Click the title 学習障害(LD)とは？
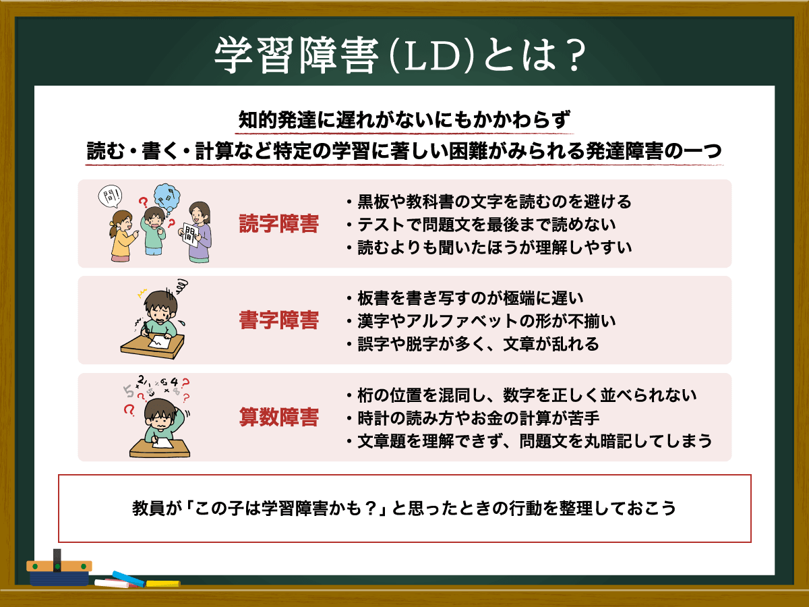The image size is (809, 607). (x=400, y=55)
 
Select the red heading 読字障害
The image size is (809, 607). (x=278, y=224)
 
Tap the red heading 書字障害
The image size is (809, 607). (x=278, y=320)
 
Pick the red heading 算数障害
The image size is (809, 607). (x=278, y=417)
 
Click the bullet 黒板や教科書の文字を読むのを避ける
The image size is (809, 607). (x=489, y=202)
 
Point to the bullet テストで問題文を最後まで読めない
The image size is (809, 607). (x=481, y=225)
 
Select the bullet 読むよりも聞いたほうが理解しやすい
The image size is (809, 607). (x=489, y=248)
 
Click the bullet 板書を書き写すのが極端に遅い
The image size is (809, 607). (x=465, y=298)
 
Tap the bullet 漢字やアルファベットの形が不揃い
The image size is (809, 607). (x=481, y=320)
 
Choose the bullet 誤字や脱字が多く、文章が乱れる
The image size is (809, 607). (x=473, y=343)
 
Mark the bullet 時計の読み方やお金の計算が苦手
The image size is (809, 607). (x=473, y=418)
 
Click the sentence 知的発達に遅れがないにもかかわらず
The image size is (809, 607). (x=404, y=120)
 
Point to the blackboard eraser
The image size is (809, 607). (x=59, y=569)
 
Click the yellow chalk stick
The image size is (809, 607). (x=163, y=583)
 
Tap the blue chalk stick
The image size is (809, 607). (x=128, y=579)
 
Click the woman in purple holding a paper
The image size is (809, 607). (x=196, y=232)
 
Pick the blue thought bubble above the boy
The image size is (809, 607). (x=167, y=199)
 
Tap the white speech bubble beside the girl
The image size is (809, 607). (x=110, y=196)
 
